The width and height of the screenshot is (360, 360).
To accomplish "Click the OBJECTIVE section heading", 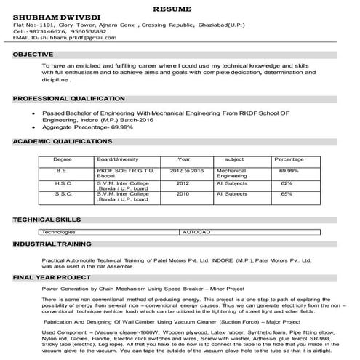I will point(33,55).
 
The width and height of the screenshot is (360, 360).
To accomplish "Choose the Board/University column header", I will point(118,159).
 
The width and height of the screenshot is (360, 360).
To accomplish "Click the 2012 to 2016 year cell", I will point(187,169).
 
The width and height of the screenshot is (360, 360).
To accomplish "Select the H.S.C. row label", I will point(63,183).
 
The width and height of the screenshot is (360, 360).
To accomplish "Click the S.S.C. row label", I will point(63,194).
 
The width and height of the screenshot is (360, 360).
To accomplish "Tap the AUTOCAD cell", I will point(196,231).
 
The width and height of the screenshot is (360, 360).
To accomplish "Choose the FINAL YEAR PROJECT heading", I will point(47,277).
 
